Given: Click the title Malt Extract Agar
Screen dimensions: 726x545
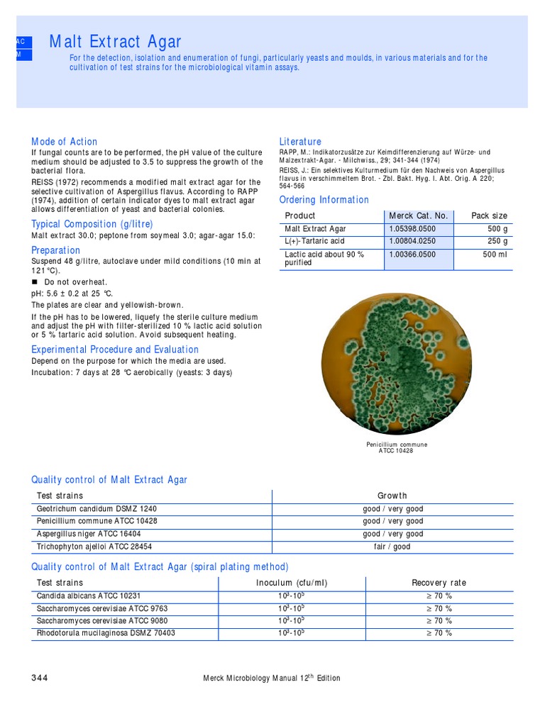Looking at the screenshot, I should pos(115,42).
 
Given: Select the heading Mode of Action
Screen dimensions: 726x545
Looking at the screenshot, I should pos(64,142).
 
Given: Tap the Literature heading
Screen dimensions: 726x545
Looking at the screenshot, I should pos(300,142).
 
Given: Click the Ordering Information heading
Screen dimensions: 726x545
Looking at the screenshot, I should pos(324,200).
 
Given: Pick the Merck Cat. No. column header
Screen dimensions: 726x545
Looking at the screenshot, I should pos(418,216).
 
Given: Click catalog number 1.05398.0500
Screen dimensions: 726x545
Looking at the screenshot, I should pos(413,229).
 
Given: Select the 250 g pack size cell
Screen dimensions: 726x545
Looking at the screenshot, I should pos(495,241).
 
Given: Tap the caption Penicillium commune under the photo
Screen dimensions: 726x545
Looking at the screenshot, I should pos(397,445).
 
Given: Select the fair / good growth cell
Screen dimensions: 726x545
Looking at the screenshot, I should pos(392,547).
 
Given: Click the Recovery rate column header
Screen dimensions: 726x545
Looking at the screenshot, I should pos(439,583).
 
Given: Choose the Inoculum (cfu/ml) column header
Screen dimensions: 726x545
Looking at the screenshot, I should pos(292,583).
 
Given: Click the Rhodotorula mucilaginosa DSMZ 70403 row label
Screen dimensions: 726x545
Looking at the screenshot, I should pos(106,633).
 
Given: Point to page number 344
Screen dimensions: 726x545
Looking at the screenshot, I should pos(40,678).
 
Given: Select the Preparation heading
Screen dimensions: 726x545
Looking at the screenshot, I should pos(55,250).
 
